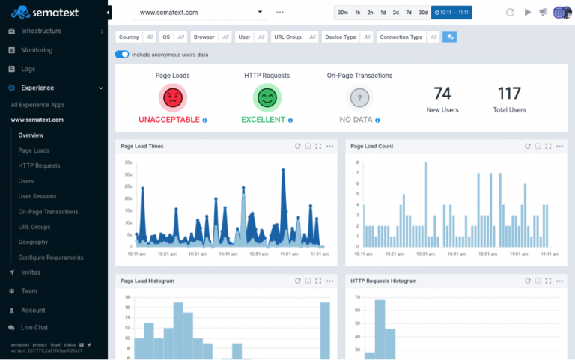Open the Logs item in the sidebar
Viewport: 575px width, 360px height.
pyautogui.click(x=28, y=69)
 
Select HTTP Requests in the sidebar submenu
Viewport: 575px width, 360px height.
pyautogui.click(x=39, y=165)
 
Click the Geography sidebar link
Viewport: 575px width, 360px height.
pyautogui.click(x=34, y=242)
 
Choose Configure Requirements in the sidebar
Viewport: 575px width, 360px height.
pyautogui.click(x=51, y=257)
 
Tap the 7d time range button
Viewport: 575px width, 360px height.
pyautogui.click(x=408, y=13)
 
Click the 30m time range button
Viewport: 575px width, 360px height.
pyautogui.click(x=342, y=13)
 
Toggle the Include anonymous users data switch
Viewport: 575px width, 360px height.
pyautogui.click(x=122, y=55)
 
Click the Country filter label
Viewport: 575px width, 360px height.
pyautogui.click(x=128, y=37)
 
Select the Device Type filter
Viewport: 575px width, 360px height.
pyautogui.click(x=341, y=37)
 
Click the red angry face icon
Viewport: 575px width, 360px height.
pyautogui.click(x=172, y=97)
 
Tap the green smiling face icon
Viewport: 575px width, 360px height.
pyautogui.click(x=267, y=97)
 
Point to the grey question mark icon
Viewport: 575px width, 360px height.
pyautogui.click(x=359, y=97)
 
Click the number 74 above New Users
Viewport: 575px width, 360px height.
pyautogui.click(x=442, y=94)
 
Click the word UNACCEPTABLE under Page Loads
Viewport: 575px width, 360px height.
pyautogui.click(x=168, y=120)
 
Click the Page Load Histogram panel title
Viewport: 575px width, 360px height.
pyautogui.click(x=147, y=281)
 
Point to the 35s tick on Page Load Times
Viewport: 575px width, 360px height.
pyautogui.click(x=128, y=162)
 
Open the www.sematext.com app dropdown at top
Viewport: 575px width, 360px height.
pyautogui.click(x=201, y=13)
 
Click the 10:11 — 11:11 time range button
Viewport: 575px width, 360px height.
pyautogui.click(x=451, y=13)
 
